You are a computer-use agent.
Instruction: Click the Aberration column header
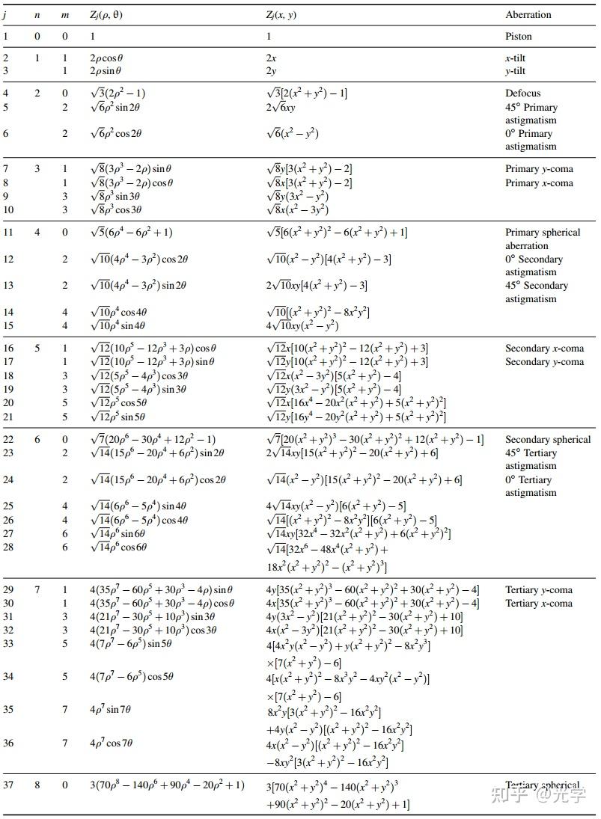click(528, 15)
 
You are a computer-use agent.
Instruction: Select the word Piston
click(518, 36)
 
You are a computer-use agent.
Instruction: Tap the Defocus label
click(522, 93)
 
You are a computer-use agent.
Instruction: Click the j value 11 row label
click(9, 233)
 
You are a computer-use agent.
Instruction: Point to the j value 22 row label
click(9, 440)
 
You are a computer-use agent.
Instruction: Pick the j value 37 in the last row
click(9, 785)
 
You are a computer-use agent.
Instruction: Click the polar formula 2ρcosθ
click(106, 58)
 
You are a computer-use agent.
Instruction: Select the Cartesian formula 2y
click(271, 71)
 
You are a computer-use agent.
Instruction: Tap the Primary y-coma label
click(539, 169)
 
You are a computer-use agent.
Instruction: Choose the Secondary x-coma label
click(544, 349)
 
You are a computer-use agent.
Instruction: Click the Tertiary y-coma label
click(539, 590)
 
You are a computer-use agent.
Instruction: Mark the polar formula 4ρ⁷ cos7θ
click(111, 743)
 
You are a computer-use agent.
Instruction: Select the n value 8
click(37, 785)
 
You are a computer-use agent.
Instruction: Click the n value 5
click(37, 349)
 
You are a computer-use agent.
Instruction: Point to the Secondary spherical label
click(548, 440)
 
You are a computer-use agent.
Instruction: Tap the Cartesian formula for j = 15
click(302, 326)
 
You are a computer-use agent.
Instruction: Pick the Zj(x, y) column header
click(281, 15)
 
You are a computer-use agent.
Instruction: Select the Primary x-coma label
click(539, 183)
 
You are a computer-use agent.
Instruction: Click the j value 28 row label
click(9, 547)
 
